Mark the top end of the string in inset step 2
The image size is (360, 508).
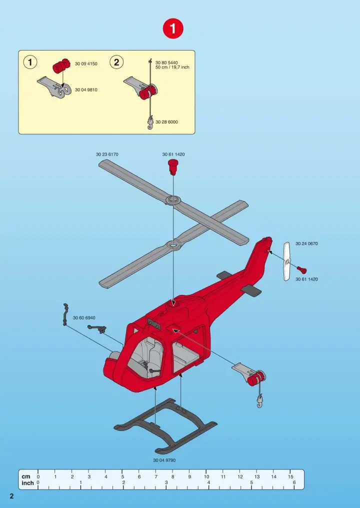pos(150,59)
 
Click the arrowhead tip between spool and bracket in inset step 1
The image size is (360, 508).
pos(63,87)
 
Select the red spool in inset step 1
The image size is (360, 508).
pos(61,66)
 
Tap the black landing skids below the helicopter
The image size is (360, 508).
pos(165,425)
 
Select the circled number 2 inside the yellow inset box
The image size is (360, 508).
pos(116,62)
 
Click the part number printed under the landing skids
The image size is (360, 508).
pos(164,460)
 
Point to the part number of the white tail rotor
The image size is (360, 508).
pos(306,243)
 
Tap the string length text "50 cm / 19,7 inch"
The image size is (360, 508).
pos(172,67)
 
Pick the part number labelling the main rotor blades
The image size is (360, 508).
pos(107,154)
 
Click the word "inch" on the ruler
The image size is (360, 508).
pos(27,482)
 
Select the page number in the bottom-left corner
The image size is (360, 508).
pos(11,496)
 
